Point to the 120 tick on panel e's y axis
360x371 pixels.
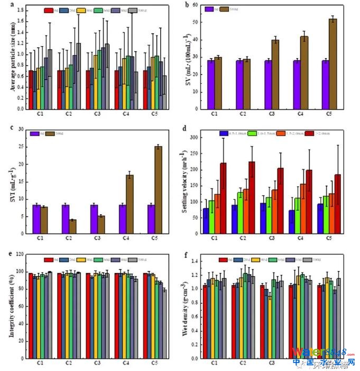[20, 255]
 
